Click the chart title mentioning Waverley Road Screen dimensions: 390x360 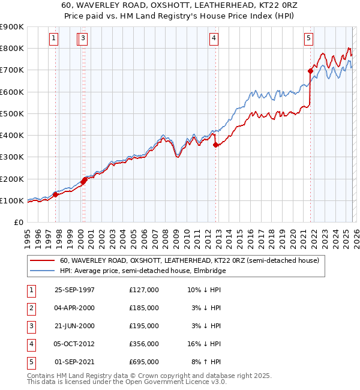click(180, 5)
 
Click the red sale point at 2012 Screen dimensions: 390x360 click(215, 144)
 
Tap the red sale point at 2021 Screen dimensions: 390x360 click(310, 71)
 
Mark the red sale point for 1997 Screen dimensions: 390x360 click(55, 194)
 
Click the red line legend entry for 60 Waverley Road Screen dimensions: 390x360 click(192, 260)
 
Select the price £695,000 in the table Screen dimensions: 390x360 click(144, 362)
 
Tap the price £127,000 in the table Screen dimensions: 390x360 click(144, 290)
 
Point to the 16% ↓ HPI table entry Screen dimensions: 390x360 click(203, 344)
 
